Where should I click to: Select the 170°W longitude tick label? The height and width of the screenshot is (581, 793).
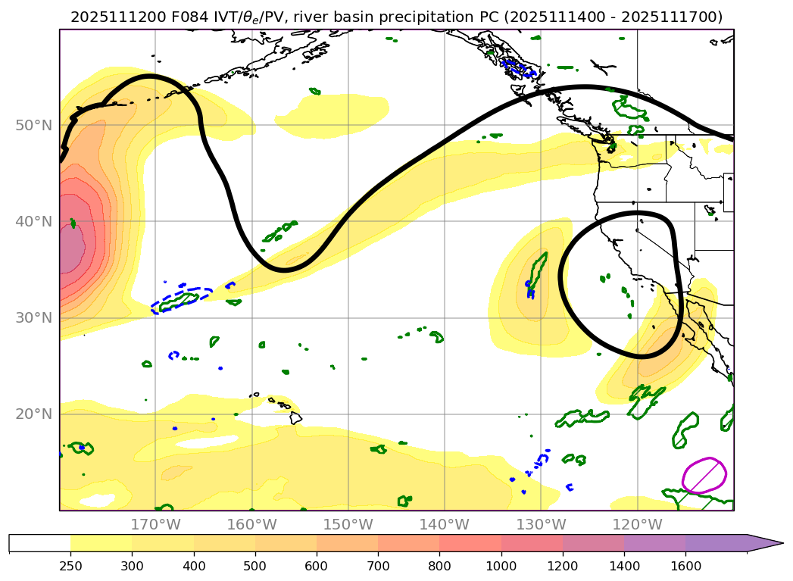coord(155,524)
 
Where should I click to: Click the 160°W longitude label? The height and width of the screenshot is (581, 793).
coord(251,524)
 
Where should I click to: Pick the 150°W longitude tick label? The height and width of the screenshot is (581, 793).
coord(348,524)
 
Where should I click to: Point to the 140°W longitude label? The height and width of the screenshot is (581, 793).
coord(444,524)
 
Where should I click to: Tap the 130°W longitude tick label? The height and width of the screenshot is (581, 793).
coord(540,524)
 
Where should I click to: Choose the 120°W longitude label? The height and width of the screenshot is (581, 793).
coord(636,524)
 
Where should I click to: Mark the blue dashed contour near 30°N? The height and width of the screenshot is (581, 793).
coord(182,298)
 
